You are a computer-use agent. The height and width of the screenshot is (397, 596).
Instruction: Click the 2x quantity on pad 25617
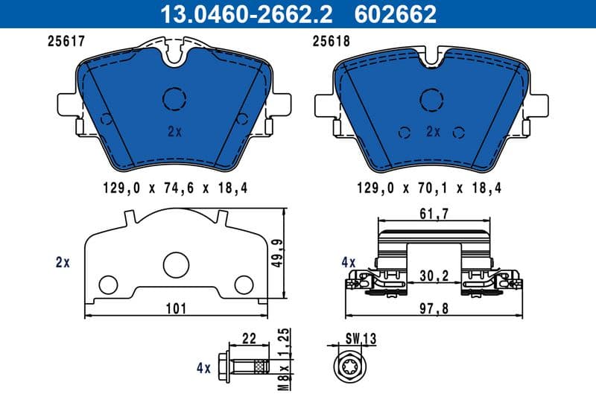[x=175, y=131]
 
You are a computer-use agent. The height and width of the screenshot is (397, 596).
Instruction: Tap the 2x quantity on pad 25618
[x=434, y=131]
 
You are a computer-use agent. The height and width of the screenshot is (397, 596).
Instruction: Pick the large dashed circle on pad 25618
[x=434, y=100]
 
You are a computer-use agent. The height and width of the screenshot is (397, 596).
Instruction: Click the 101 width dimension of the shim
[x=177, y=307]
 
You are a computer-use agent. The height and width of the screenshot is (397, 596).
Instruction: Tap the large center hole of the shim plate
[x=177, y=264]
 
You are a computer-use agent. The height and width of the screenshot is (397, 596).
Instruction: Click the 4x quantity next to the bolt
[x=202, y=367]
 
